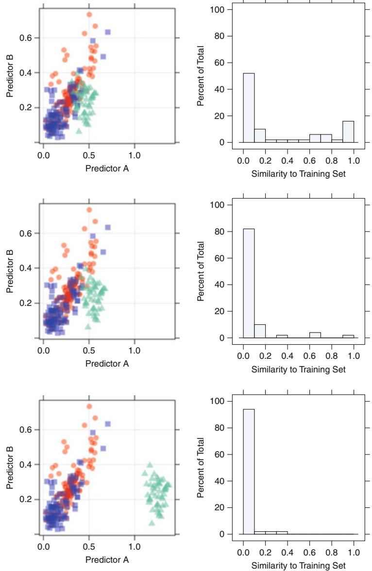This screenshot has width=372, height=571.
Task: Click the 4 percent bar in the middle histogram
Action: [x=315, y=335]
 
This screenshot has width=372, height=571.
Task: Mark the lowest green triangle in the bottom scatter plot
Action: [x=152, y=523]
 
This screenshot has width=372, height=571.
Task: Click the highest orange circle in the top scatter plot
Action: [x=89, y=15]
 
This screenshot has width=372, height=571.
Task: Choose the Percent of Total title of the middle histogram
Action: [x=202, y=271]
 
